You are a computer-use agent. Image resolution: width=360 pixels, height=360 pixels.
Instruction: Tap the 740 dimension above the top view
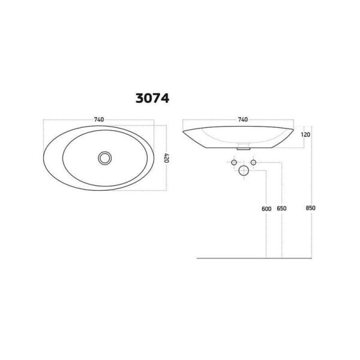point(99,119)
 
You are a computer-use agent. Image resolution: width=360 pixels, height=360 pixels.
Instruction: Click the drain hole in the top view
point(106,158)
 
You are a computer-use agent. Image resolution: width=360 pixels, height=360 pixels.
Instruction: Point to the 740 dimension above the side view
point(242,119)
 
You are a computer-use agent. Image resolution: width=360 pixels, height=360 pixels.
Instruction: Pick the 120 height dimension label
point(305,134)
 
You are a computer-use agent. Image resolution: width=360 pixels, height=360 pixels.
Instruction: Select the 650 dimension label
point(282,208)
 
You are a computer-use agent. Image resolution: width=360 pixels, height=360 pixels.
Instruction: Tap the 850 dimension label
point(310,208)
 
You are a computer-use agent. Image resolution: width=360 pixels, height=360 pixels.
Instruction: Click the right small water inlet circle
point(253,163)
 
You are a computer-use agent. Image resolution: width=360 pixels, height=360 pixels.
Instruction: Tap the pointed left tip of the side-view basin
point(183,128)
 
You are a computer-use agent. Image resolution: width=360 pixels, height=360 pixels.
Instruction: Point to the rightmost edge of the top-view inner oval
point(148,157)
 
